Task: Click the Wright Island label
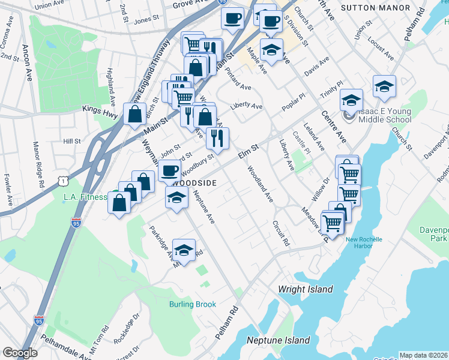(x=305, y=289)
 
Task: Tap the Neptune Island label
(x=279, y=340)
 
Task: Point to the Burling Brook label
(x=192, y=304)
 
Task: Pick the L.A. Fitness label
(x=85, y=196)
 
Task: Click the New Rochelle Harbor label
(x=364, y=243)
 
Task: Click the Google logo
(x=20, y=353)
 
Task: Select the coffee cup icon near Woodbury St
(x=169, y=170)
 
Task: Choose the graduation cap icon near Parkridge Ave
(x=184, y=250)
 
